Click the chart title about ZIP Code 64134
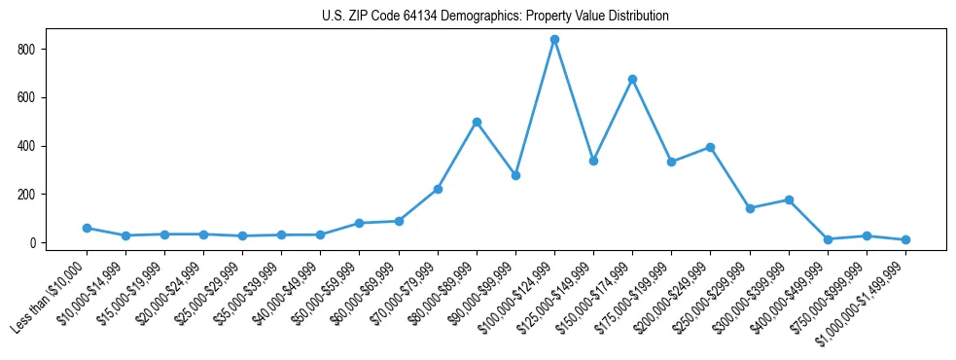coord(495,16)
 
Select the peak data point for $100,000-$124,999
coord(554,40)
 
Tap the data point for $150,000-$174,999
coord(632,79)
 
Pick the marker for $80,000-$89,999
coord(477,122)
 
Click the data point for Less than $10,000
coord(87,228)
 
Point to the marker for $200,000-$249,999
coord(710,147)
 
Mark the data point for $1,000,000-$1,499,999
coord(905,239)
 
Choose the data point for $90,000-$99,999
coord(515,175)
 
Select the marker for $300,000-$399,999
coord(789,199)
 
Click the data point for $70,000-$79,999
coord(438,189)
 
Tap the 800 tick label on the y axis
coord(26,49)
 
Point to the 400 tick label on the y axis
coord(26,146)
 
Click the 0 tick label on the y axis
coord(32,242)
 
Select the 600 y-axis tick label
coord(26,97)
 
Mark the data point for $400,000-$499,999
coord(828,239)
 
